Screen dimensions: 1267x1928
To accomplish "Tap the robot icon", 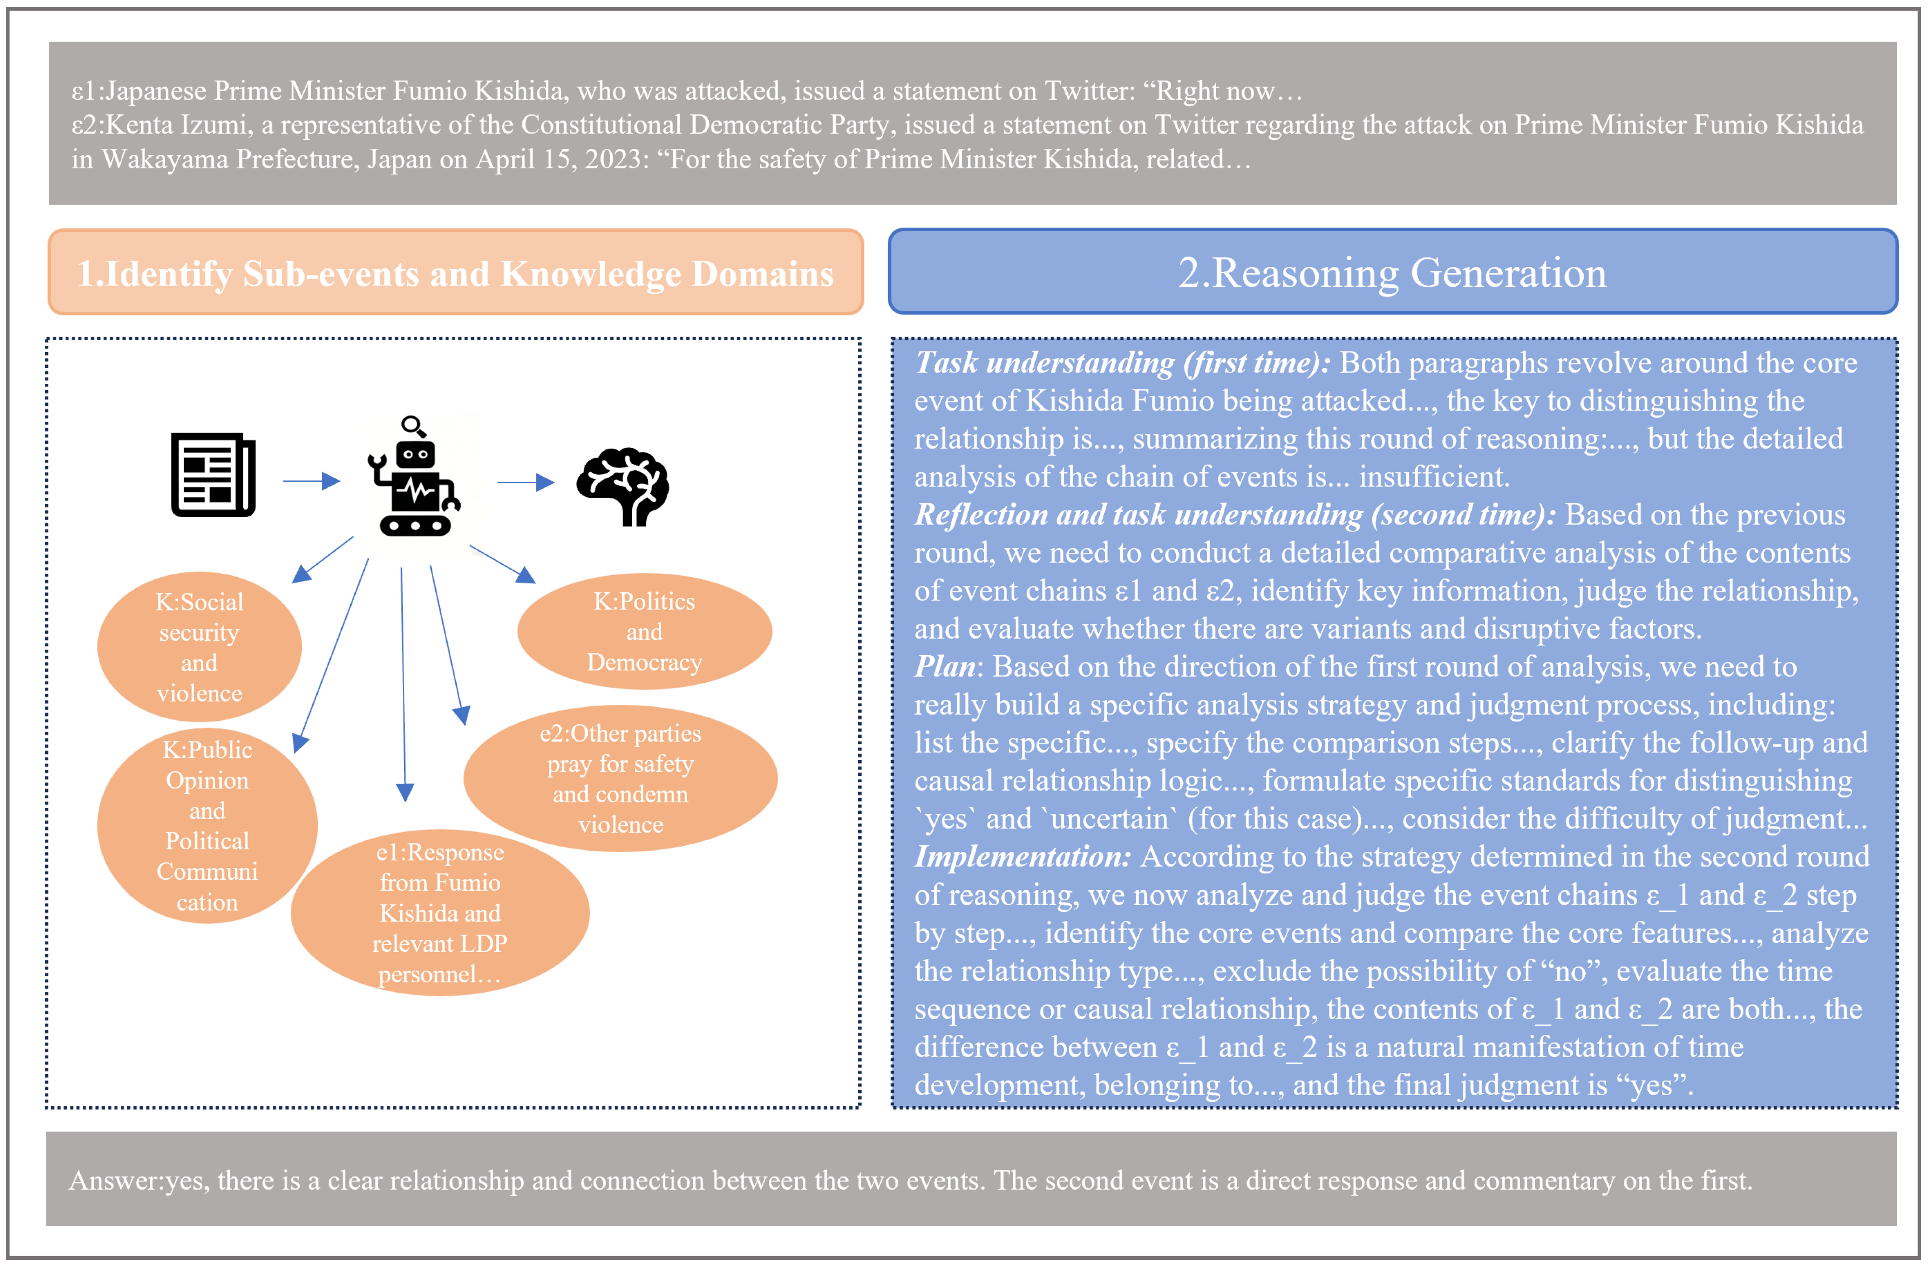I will (x=415, y=485).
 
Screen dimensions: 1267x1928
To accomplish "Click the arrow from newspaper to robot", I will (x=311, y=481).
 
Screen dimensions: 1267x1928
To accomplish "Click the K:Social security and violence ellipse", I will (x=199, y=647).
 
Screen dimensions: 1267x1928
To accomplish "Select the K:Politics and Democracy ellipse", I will (x=644, y=632).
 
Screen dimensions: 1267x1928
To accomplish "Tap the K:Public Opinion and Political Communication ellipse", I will (x=207, y=825).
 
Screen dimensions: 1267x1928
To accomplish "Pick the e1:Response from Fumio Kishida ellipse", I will (x=440, y=913).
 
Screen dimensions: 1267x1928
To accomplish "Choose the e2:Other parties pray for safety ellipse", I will (x=620, y=778).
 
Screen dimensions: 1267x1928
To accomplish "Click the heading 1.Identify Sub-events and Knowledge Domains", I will (x=455, y=273).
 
